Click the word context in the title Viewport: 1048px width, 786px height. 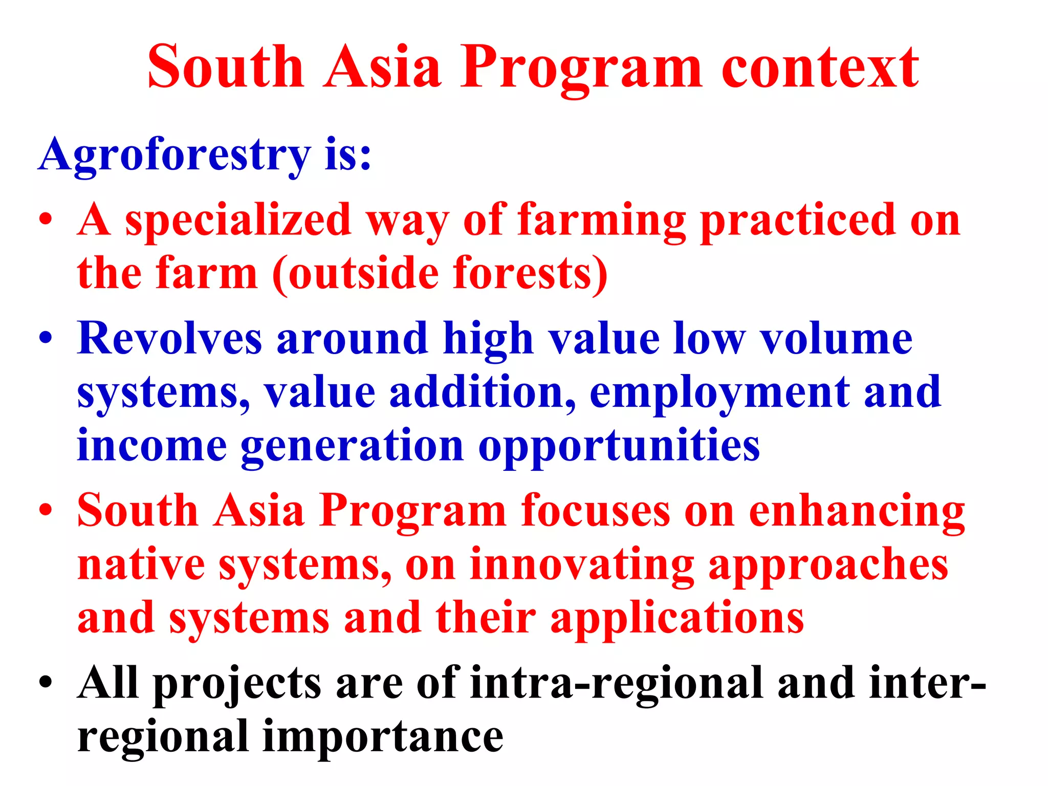(x=820, y=68)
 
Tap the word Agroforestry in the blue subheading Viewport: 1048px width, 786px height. (x=174, y=155)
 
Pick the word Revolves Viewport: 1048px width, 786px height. (x=169, y=338)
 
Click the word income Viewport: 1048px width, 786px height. (x=152, y=446)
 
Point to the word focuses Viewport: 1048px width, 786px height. (x=595, y=510)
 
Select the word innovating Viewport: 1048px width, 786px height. (x=582, y=565)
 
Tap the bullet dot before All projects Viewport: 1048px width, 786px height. (x=46, y=683)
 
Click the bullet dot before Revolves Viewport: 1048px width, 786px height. (x=46, y=338)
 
